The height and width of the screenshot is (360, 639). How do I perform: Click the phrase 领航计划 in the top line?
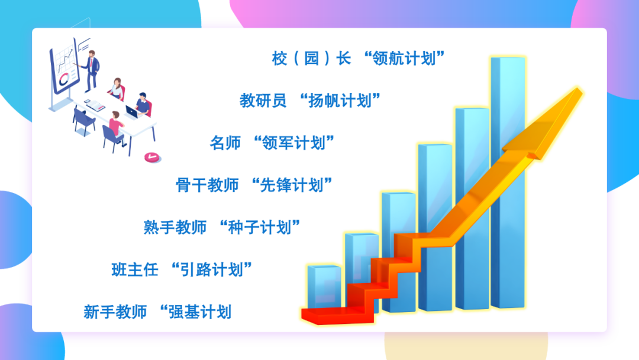[404, 58]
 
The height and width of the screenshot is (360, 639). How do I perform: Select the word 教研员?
[263, 100]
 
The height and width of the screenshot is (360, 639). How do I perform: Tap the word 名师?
[225, 143]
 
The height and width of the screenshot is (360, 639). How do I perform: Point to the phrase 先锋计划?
[292, 185]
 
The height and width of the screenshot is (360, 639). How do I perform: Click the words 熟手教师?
[175, 227]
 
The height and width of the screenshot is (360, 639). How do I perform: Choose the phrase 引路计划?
[211, 269]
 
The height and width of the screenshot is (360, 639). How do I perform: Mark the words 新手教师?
[115, 312]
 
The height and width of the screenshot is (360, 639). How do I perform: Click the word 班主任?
[135, 269]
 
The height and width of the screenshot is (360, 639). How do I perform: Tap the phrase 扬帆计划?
[340, 100]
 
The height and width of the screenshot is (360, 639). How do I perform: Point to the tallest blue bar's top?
[508, 58]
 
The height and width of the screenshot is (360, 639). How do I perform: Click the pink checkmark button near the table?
[152, 157]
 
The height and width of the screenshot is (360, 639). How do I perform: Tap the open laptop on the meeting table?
[131, 112]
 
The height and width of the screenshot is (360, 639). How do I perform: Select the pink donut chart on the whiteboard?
[64, 79]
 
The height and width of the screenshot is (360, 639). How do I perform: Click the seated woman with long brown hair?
[117, 88]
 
